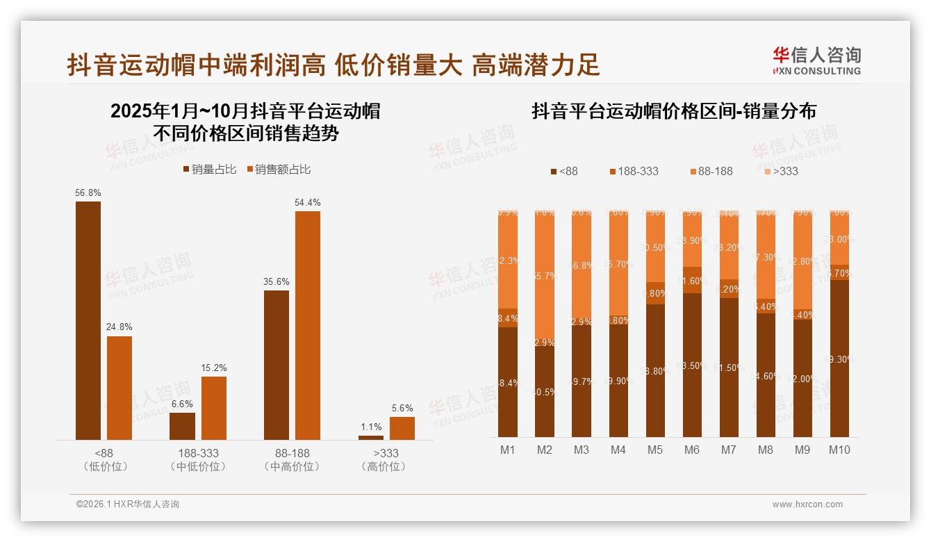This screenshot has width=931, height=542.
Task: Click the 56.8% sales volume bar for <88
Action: click(88, 320)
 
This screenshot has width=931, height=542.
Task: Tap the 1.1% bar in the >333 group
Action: click(370, 437)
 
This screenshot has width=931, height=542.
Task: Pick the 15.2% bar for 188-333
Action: click(213, 408)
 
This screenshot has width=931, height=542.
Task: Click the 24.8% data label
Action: click(119, 327)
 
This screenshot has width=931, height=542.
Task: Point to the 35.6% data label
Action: click(276, 281)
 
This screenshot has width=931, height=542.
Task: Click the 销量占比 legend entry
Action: click(209, 170)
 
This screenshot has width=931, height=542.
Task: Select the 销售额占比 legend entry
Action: click(278, 170)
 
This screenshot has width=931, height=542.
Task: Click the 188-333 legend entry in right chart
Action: click(633, 171)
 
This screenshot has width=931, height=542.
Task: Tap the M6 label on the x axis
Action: click(691, 450)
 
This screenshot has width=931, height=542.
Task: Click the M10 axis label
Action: click(839, 450)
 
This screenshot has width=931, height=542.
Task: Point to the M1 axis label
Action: click(508, 450)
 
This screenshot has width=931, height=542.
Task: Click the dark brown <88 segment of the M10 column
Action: click(839, 358)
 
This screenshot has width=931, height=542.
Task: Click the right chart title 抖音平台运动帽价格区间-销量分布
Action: click(673, 111)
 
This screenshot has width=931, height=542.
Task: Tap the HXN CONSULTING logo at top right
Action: click(816, 61)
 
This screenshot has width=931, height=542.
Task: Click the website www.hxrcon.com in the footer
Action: click(807, 504)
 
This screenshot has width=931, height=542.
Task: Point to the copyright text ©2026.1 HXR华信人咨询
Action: click(127, 504)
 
